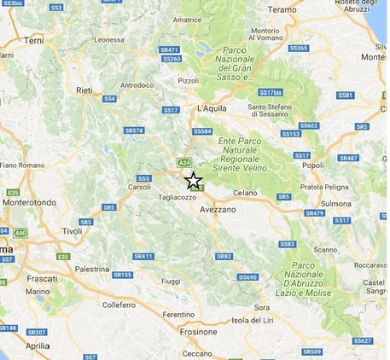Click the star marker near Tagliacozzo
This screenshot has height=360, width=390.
point(194,180)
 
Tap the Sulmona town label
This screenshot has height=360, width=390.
point(340,205)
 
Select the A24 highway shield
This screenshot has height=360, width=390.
point(183,161)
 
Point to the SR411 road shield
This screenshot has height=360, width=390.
point(143,256)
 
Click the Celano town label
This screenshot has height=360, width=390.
point(245,194)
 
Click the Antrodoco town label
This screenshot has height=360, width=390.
point(136,85)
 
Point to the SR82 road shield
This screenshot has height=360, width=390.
point(224,256)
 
